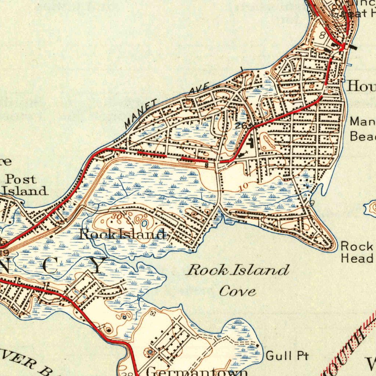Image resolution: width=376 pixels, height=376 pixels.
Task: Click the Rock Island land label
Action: (x=123, y=234)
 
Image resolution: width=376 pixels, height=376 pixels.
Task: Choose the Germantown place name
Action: (x=196, y=372)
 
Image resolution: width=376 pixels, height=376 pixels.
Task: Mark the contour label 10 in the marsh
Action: (x=243, y=187)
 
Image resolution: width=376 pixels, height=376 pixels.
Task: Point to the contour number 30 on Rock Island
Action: (x=117, y=217)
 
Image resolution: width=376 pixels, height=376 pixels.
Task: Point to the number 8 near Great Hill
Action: (x=322, y=36)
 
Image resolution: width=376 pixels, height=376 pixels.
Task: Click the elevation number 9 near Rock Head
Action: (x=312, y=203)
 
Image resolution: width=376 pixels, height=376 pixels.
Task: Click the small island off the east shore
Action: (x=371, y=208)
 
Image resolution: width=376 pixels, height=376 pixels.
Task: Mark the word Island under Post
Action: (x=26, y=191)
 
